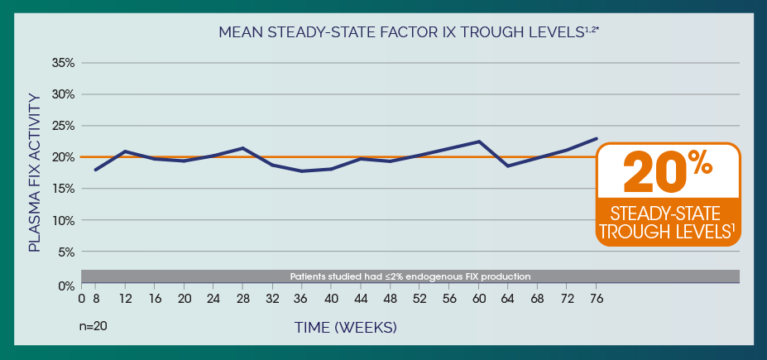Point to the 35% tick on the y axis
pyautogui.click(x=64, y=63)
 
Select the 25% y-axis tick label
pyautogui.click(x=64, y=126)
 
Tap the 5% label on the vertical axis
pyautogui.click(x=66, y=252)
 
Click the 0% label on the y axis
pyautogui.click(x=66, y=286)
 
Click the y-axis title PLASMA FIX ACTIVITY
pyautogui.click(x=34, y=172)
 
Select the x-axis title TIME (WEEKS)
pyautogui.click(x=346, y=328)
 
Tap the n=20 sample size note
pyautogui.click(x=93, y=326)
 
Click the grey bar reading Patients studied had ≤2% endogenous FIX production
pyautogui.click(x=410, y=276)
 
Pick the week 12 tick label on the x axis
pyautogui.click(x=125, y=298)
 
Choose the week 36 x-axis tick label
pyautogui.click(x=302, y=298)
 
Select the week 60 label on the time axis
pyautogui.click(x=478, y=298)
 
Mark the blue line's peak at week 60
pyautogui.click(x=479, y=142)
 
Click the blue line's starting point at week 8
pyautogui.click(x=96, y=170)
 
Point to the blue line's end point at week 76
pyautogui.click(x=597, y=138)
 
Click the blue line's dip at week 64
pyautogui.click(x=508, y=166)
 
